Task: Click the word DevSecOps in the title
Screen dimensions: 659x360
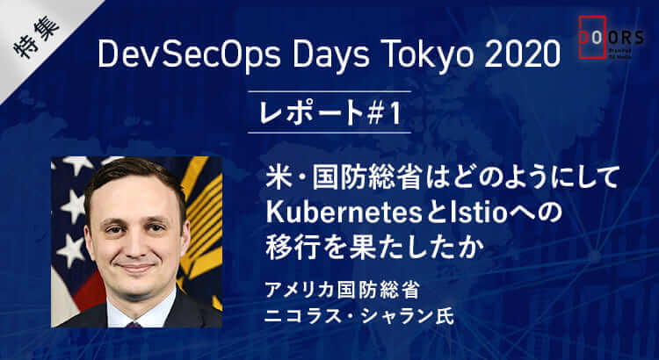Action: (189, 54)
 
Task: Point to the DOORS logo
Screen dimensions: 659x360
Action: (611, 38)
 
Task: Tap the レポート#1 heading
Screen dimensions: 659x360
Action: (329, 112)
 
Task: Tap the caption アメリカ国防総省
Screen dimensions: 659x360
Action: (342, 291)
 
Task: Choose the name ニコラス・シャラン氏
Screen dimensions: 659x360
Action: (358, 316)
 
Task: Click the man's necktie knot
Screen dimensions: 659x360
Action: (134, 324)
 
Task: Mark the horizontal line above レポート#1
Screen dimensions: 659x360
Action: (329, 91)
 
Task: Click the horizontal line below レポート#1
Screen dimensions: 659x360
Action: (329, 133)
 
